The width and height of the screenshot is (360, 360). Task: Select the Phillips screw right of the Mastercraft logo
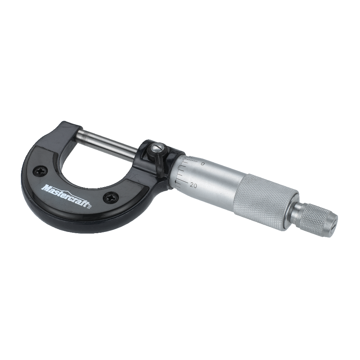111,197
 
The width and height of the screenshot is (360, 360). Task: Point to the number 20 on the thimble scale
194,185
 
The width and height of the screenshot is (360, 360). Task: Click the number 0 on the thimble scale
203,164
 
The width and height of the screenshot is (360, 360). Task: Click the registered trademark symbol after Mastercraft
90,206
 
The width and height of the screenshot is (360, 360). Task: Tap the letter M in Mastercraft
45,188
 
